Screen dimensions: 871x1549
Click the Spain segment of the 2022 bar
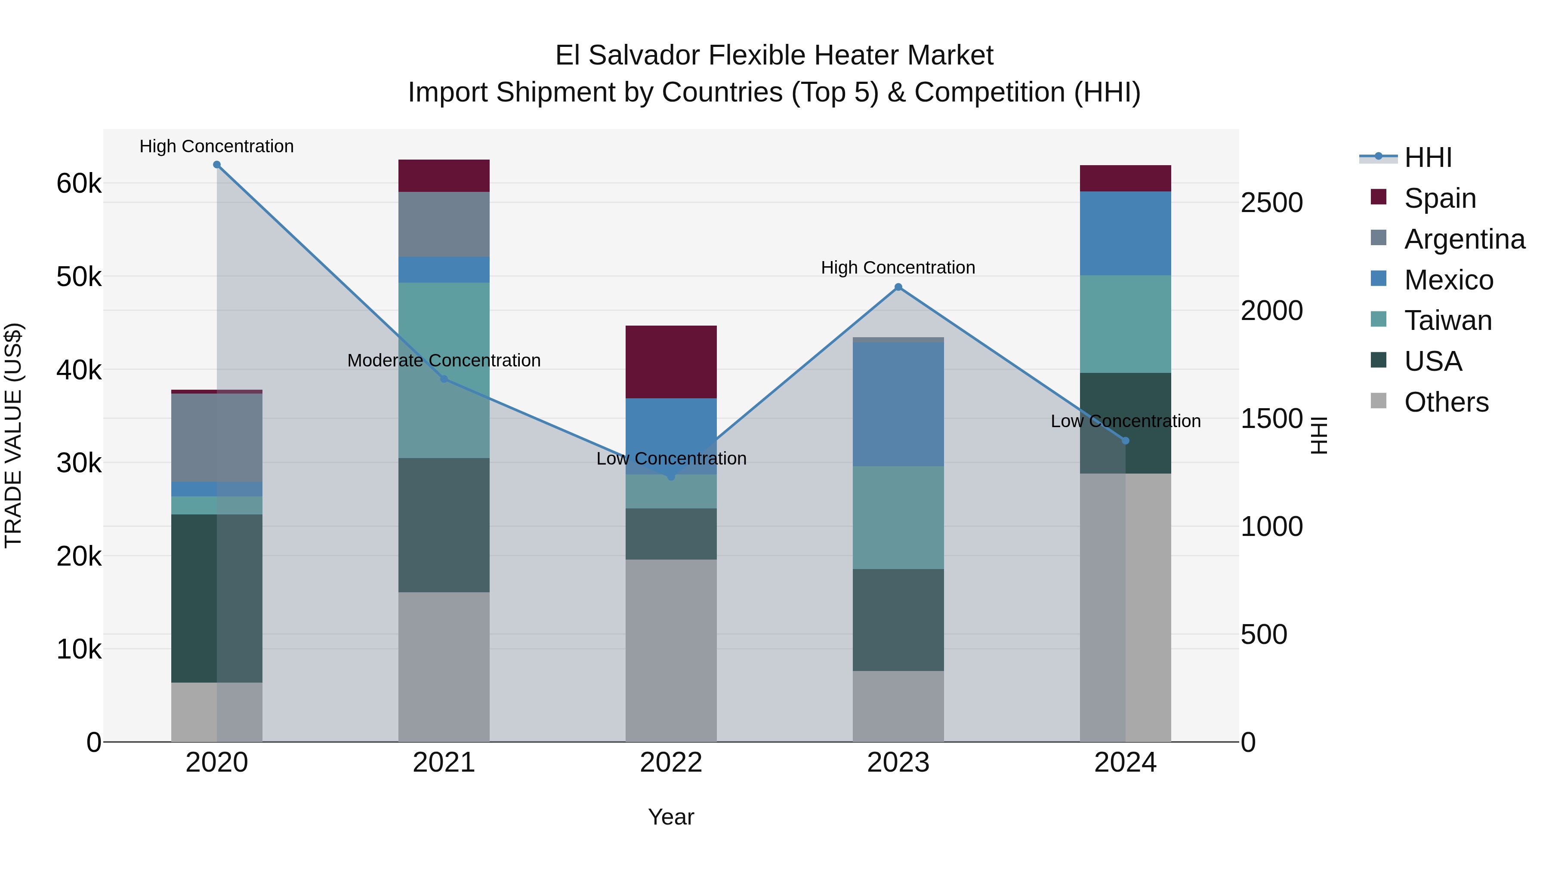click(671, 362)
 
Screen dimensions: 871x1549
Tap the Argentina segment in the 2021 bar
click(444, 224)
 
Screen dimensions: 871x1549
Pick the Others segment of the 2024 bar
click(1125, 607)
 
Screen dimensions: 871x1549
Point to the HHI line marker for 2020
click(217, 165)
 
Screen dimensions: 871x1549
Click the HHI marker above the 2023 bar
click(898, 287)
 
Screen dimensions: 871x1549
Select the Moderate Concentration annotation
click(444, 361)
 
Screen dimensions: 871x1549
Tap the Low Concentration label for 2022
click(671, 459)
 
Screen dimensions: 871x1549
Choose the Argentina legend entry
click(1464, 239)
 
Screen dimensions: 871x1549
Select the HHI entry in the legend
click(1428, 157)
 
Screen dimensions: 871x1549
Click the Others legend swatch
click(1378, 401)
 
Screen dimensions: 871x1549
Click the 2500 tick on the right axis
click(1271, 203)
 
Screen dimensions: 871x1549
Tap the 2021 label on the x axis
click(444, 763)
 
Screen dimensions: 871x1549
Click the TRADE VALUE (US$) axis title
click(13, 435)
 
